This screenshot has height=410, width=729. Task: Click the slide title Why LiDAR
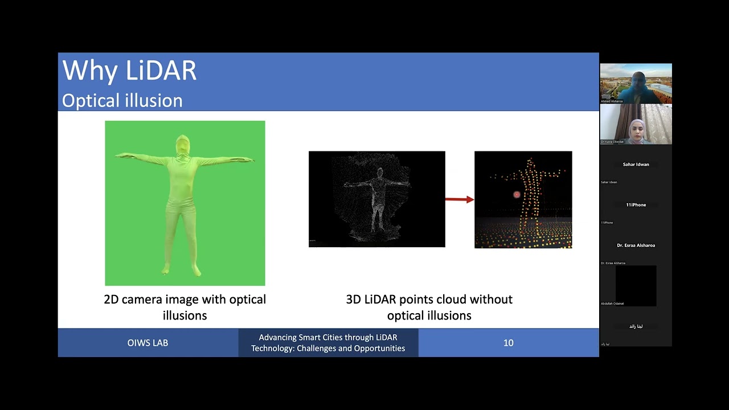click(x=129, y=71)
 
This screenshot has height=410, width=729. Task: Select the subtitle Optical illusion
click(x=122, y=101)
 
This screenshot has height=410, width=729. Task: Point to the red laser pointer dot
click(x=517, y=195)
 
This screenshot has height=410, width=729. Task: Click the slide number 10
click(x=508, y=343)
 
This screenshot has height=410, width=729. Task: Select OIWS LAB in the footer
click(x=148, y=343)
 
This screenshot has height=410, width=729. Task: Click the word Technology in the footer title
click(x=272, y=348)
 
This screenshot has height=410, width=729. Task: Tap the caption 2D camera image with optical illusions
click(x=185, y=307)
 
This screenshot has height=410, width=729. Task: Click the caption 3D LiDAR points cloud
click(x=429, y=300)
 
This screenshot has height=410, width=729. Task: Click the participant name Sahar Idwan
click(x=636, y=165)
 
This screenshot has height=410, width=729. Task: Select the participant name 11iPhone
click(x=636, y=205)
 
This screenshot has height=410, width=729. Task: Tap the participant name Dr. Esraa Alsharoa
click(x=636, y=245)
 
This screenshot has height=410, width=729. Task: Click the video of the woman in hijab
click(x=636, y=124)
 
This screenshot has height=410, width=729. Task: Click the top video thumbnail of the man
click(x=636, y=83)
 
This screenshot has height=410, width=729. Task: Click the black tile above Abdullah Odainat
click(x=636, y=285)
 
